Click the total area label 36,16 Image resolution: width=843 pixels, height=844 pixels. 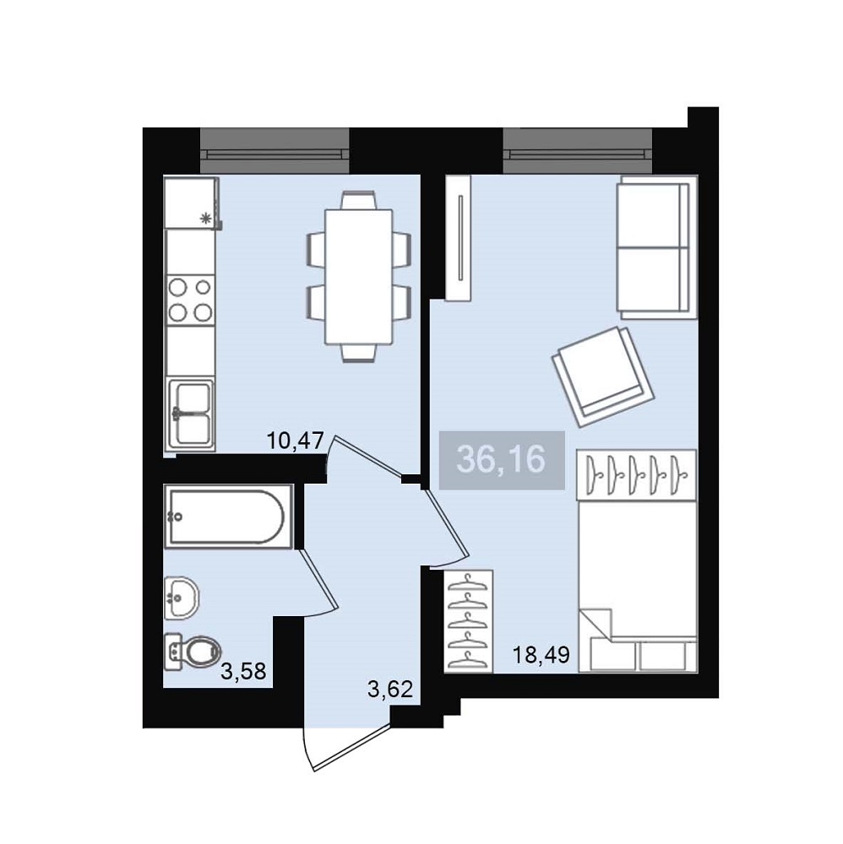pos(501,460)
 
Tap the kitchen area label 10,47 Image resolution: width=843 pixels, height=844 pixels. pos(295,441)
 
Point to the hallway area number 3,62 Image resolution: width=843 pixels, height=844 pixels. pos(390,689)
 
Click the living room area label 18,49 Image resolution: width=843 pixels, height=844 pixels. pos(541,655)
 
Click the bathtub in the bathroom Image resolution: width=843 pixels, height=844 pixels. pos(228,517)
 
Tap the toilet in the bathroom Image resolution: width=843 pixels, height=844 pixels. pos(193,652)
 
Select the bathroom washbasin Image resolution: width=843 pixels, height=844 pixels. pos(182,597)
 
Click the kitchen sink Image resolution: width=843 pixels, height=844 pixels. pos(190,414)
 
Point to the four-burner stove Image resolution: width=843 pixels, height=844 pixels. pos(190,300)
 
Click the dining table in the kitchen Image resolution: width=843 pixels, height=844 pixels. pos(359,277)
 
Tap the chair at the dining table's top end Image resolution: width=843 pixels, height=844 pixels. pos(358,200)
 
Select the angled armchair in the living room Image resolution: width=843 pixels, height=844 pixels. pos(603,376)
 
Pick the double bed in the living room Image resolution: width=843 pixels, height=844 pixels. pos(638,587)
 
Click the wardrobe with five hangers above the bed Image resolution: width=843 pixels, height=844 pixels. pos(637,474)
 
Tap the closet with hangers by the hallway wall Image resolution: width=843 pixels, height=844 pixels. pos(469,621)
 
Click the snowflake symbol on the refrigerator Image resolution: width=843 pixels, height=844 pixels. pos(204,219)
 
